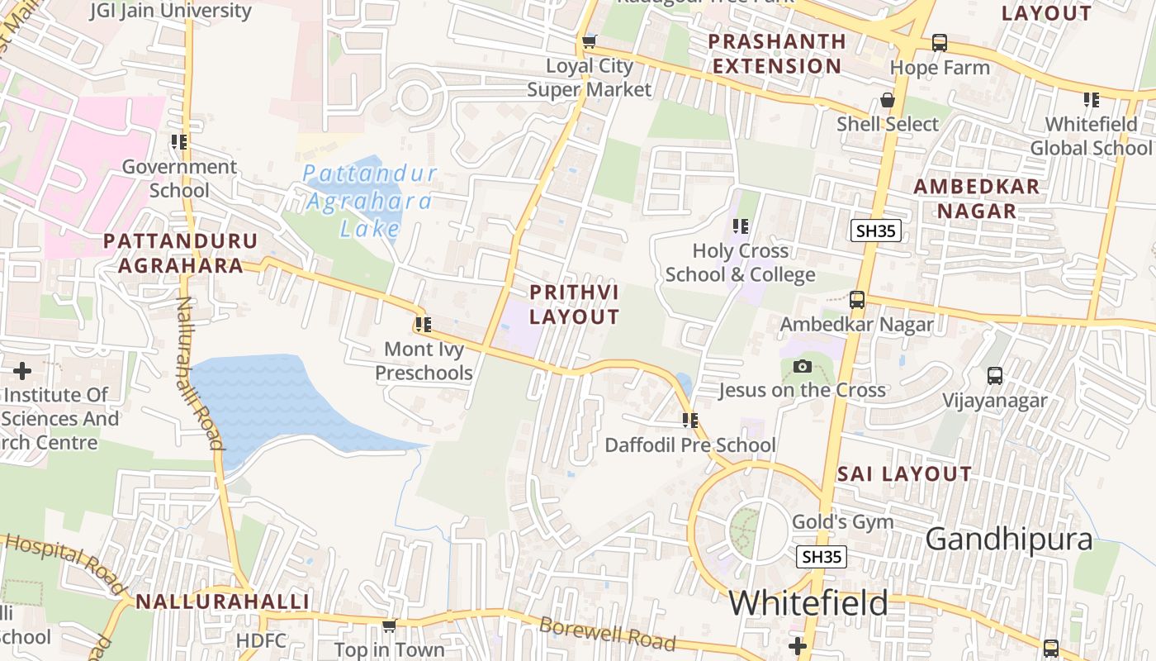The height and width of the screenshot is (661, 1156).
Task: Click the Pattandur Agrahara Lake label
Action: click(x=369, y=201)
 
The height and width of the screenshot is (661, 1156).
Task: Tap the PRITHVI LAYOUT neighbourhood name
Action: click(x=574, y=305)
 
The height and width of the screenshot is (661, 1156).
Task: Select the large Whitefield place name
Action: click(x=808, y=603)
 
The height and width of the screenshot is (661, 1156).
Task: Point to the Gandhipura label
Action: click(x=1008, y=540)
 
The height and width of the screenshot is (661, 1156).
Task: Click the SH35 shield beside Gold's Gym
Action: click(x=822, y=557)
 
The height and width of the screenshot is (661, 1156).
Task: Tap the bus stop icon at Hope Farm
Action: click(x=939, y=43)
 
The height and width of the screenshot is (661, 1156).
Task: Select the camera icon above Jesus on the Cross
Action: click(x=802, y=367)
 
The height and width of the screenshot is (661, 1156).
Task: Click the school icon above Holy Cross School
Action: click(x=741, y=226)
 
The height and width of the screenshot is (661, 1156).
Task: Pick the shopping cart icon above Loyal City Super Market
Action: click(x=589, y=42)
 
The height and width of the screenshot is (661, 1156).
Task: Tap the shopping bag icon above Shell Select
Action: click(x=888, y=100)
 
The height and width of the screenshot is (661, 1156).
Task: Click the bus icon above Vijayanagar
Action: click(x=995, y=376)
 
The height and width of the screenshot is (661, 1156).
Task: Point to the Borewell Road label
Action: click(x=607, y=633)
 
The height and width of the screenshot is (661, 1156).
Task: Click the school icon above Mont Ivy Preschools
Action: click(x=424, y=325)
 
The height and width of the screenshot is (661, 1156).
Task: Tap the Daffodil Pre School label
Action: click(x=690, y=445)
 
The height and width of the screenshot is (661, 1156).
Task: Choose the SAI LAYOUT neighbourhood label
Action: click(x=904, y=474)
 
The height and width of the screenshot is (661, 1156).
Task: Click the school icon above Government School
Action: click(x=179, y=142)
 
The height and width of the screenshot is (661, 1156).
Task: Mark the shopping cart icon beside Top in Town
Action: click(x=389, y=626)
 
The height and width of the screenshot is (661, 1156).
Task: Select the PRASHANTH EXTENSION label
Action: click(x=777, y=54)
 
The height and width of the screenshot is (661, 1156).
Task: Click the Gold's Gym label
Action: click(x=842, y=522)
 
